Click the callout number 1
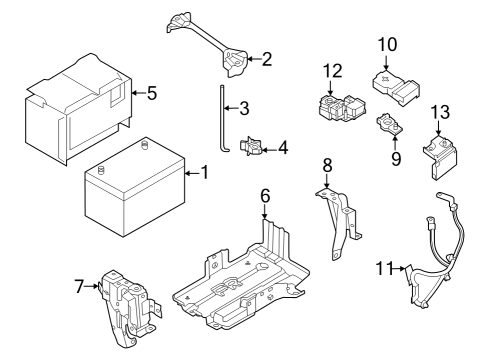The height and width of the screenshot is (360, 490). coord(204,172)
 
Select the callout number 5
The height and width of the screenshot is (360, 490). coord(152,93)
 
